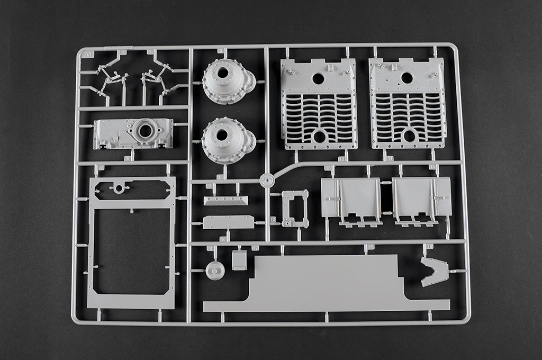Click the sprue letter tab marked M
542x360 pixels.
[x=88, y=54]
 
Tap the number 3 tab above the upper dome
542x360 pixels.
[x=220, y=51]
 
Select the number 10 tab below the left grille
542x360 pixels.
[x=341, y=158]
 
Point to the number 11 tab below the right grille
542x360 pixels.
[x=390, y=158]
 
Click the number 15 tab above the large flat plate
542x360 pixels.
[x=370, y=247]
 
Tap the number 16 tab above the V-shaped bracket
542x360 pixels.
[x=429, y=247]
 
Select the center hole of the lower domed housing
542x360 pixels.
[x=222, y=135]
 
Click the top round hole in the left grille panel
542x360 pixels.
[x=318, y=78]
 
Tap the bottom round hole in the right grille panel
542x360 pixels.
[x=409, y=136]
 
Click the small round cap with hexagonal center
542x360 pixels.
[x=215, y=271]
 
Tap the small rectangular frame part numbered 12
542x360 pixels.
[x=295, y=208]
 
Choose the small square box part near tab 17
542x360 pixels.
[x=239, y=259]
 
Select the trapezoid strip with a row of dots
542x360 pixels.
[x=225, y=200]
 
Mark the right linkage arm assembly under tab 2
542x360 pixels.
[x=158, y=79]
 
